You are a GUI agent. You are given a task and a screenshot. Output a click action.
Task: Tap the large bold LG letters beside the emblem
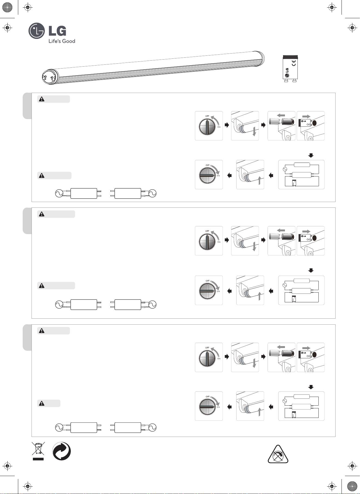coord(57,31)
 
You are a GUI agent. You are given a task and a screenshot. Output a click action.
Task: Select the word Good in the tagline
coord(69,41)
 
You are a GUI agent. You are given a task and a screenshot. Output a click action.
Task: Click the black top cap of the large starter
coord(290,57)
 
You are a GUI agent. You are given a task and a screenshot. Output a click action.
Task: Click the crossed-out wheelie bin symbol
coord(38,449)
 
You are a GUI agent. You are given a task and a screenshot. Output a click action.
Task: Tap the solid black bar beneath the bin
coord(38,459)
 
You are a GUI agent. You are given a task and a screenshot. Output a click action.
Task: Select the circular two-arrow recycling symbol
coord(61,451)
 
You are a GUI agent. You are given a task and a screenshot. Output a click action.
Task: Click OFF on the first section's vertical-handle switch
coord(207,116)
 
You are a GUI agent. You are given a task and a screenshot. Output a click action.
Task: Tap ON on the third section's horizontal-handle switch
coord(218,407)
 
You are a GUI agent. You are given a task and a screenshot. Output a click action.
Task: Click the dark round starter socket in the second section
coord(315,238)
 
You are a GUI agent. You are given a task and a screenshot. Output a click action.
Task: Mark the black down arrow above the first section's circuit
coord(311,155)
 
